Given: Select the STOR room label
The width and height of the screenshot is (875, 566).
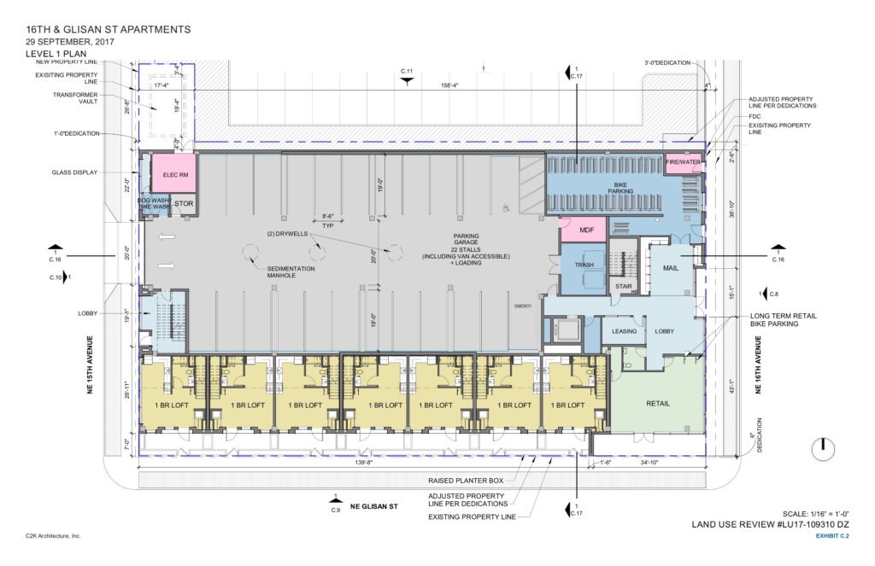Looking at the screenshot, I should point(184,204).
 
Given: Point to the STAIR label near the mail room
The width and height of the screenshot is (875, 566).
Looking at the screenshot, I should point(623,287).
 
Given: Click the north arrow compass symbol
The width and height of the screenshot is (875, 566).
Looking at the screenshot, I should point(820,446).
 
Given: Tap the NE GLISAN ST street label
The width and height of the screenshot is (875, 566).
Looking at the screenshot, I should point(375,506).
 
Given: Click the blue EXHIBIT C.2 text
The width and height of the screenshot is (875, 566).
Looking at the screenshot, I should point(827,535).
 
